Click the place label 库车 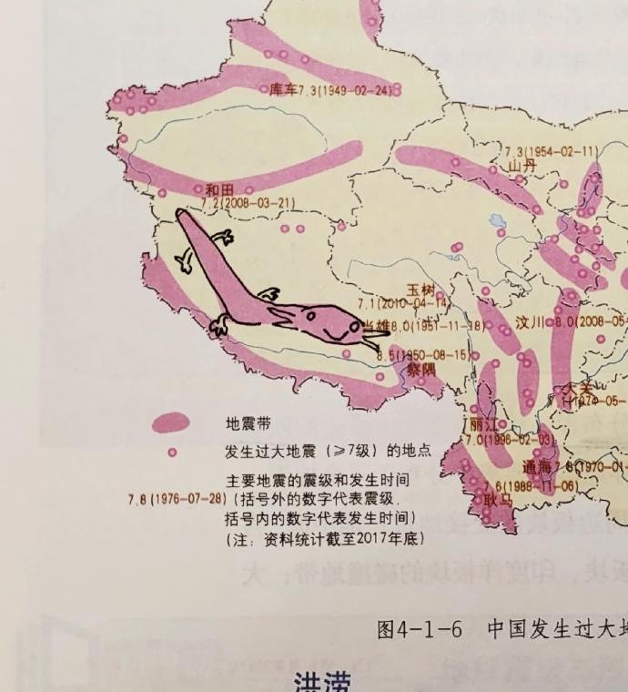click(284, 89)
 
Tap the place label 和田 click(219, 189)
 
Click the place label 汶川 click(529, 322)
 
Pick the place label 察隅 click(420, 370)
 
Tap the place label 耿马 click(498, 499)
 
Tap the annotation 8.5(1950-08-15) click(423, 355)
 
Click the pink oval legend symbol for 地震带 click(170, 423)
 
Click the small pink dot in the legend click(171, 452)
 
